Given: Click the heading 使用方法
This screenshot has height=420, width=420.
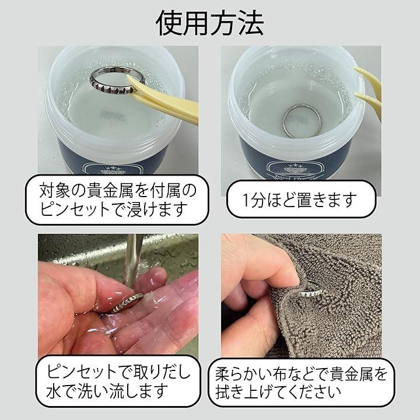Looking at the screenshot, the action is pos(210,23).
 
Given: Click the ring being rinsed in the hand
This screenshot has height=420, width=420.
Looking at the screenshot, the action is pos(126,302).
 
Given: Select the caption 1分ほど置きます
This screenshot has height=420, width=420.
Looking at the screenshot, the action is pos(299,199).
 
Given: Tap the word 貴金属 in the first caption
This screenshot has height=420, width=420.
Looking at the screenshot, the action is pos(103,190).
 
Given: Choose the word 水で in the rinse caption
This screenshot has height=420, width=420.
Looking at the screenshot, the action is pos(61,391).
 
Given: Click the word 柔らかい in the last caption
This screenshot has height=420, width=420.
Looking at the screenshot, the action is pos(243,374).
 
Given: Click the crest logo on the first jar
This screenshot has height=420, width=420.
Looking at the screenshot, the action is pos(110,169).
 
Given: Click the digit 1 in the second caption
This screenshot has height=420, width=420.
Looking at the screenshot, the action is pos(246,200).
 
